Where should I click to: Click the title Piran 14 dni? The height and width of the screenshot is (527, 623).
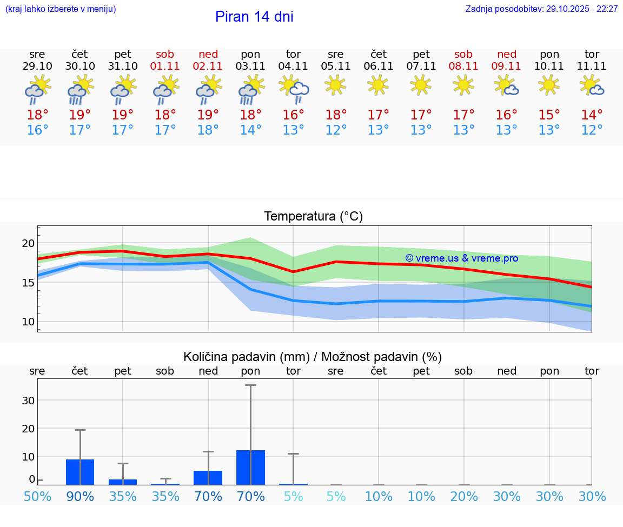(254, 17)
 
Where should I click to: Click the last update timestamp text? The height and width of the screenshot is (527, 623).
(541, 9)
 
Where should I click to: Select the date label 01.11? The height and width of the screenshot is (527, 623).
(165, 66)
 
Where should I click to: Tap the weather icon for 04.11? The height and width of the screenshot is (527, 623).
(294, 89)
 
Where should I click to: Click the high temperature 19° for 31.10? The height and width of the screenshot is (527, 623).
(123, 115)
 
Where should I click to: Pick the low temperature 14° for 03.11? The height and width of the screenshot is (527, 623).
(250, 130)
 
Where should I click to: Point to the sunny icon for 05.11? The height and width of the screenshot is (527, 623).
(336, 84)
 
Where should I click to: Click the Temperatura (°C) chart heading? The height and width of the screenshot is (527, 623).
(313, 217)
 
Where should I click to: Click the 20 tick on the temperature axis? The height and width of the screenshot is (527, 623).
(28, 243)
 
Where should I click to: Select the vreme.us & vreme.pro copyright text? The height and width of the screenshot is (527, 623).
(461, 258)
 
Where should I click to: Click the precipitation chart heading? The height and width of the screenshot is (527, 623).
(313, 357)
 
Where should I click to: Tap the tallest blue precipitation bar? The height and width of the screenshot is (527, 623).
(250, 468)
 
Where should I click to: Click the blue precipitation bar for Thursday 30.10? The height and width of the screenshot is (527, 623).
(80, 472)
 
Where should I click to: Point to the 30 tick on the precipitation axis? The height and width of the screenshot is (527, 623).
(28, 401)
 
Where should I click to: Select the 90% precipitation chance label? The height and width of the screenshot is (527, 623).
(80, 496)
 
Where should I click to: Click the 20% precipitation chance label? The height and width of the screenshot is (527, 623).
(464, 496)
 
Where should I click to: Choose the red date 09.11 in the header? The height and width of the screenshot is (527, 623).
(506, 66)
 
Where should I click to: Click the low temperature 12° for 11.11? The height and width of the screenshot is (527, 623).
(592, 130)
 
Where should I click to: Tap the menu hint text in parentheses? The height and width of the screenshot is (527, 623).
(61, 9)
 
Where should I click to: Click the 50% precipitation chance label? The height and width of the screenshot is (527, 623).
(37, 496)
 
